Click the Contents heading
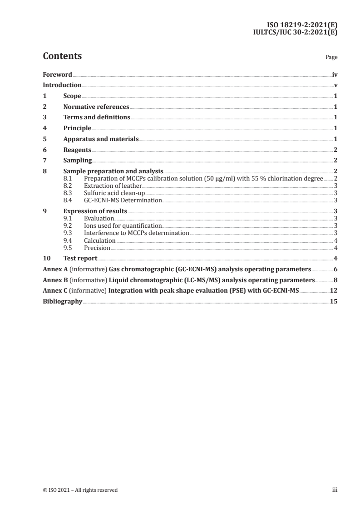[62, 56]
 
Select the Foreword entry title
[57, 74]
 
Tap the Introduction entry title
[62, 85]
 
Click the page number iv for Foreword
[335, 74]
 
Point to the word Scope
[72, 96]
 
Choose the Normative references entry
[96, 107]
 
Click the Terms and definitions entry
[96, 117]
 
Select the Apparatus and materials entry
[101, 139]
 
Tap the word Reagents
[77, 150]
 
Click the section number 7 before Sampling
[44, 160]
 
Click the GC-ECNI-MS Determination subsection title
[123, 200]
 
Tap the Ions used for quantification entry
[123, 225]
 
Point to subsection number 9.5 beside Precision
[68, 248]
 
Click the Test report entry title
[80, 259]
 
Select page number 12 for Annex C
[334, 291]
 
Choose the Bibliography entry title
[62, 302]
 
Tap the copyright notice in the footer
[80, 490]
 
